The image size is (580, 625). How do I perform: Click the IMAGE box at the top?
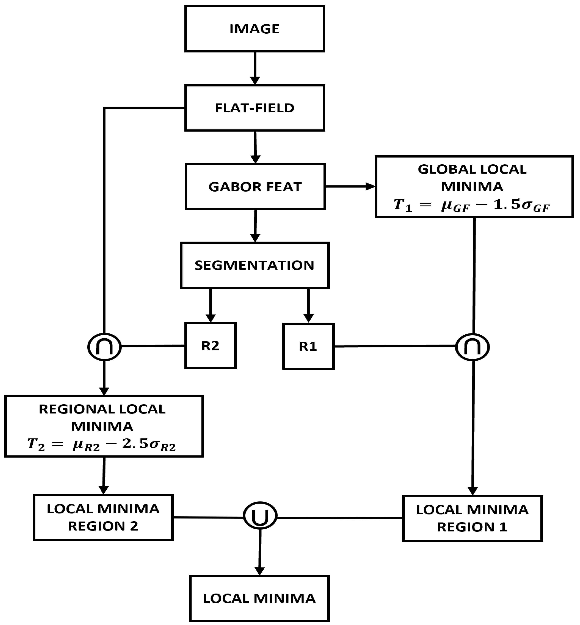click(255, 29)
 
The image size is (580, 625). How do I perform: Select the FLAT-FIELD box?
click(255, 108)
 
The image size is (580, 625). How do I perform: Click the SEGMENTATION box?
click(255, 265)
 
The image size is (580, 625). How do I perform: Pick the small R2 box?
click(210, 345)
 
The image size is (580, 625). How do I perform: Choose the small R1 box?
click(308, 346)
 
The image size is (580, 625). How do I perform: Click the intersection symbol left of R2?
click(104, 347)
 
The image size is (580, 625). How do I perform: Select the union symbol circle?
click(260, 516)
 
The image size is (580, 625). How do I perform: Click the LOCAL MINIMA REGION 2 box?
click(103, 517)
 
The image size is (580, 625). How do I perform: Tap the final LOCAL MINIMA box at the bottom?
click(259, 598)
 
